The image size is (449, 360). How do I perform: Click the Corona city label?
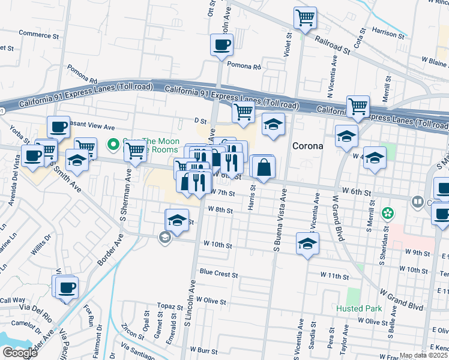pyautogui.click(x=307, y=146)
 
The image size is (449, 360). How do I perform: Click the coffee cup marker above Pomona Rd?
pyautogui.click(x=221, y=44)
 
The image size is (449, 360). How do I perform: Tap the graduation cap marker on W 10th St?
pyautogui.click(x=307, y=244)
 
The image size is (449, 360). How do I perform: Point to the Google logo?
pyautogui.click(x=20, y=353)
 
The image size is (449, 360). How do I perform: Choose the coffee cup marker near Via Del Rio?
pyautogui.click(x=67, y=287)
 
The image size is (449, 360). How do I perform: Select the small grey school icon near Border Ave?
pyautogui.click(x=163, y=238)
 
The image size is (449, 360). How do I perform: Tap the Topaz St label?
pyautogui.click(x=170, y=305)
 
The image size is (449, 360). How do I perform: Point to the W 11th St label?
pyautogui.click(x=334, y=275)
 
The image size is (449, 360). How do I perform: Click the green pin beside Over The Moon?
pyautogui.click(x=112, y=144)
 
